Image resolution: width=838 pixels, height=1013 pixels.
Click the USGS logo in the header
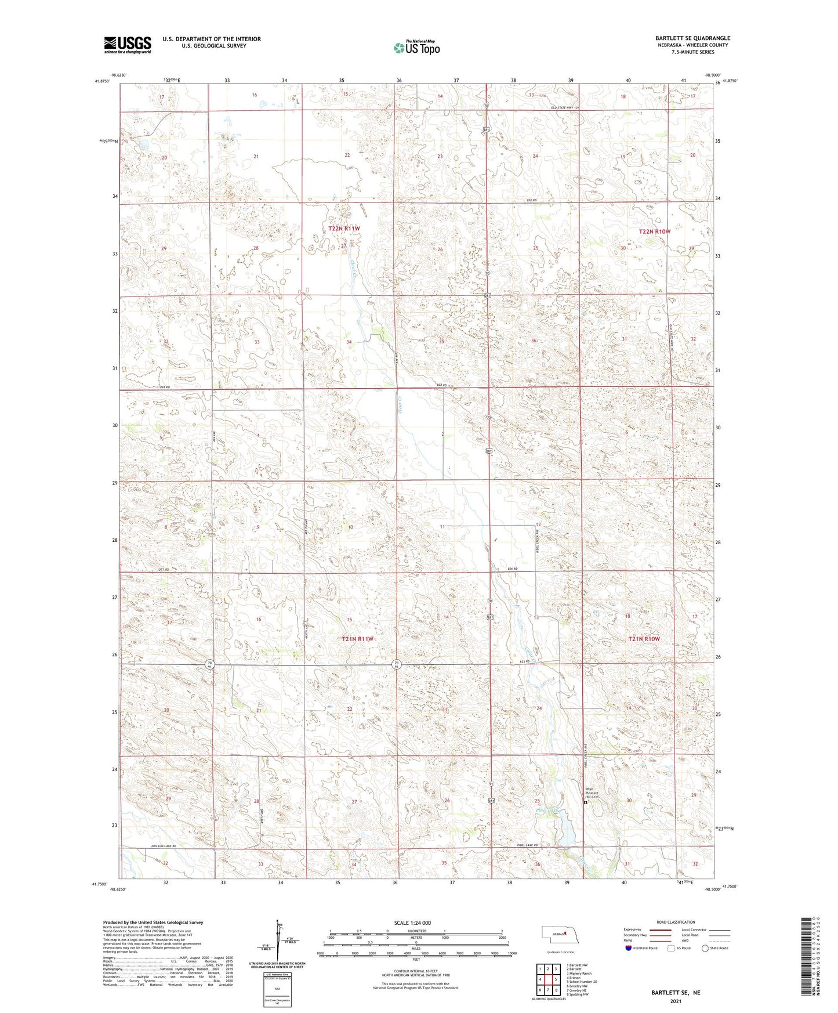127,45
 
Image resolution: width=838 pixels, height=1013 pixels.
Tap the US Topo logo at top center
416,48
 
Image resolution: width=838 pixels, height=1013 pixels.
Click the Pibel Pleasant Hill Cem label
592,793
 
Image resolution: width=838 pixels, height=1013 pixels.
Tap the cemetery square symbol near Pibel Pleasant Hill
585,803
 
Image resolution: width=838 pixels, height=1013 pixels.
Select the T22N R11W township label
344,229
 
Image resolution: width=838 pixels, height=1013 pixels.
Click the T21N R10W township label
644,639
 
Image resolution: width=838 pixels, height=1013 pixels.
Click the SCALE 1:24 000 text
412,922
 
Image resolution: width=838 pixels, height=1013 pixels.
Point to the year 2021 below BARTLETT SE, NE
675,1001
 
